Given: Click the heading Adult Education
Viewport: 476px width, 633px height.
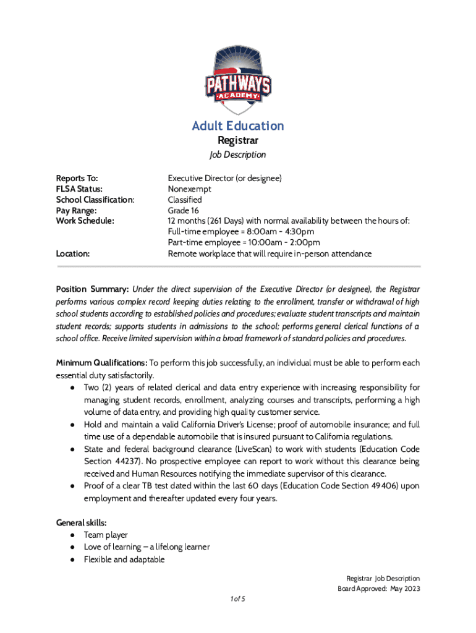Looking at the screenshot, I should pos(238,126).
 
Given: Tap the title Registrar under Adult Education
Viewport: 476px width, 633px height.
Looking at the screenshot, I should pos(238,141).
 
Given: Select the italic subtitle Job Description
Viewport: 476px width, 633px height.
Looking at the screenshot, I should pos(238,155).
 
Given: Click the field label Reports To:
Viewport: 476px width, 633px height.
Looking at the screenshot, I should pos(77,178).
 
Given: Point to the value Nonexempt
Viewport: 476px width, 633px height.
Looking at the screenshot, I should pos(190,189).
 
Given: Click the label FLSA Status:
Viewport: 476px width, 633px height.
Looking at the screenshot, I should pos(79,189).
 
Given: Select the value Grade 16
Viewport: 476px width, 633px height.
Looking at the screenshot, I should pos(183,210).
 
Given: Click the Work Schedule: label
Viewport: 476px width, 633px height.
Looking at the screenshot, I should pos(85,221).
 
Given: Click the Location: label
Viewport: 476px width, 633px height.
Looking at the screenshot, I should pos(73,253).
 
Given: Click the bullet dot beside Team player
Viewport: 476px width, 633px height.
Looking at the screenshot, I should pos(73,535).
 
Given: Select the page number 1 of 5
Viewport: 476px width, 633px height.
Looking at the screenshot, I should pos(237,599).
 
